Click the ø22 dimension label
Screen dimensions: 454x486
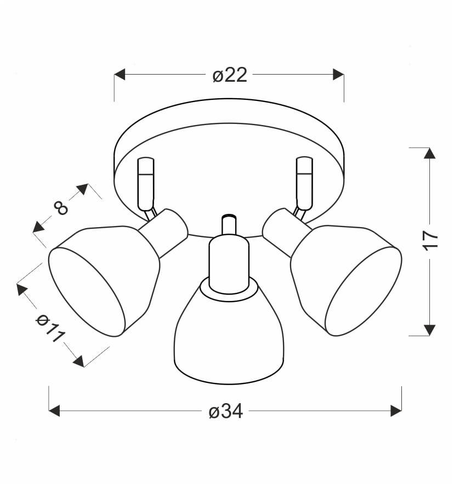(x=230, y=75)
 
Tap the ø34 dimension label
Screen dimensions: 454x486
(x=225, y=411)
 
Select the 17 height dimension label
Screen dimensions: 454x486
(x=430, y=240)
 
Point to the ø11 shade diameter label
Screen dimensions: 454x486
(x=50, y=328)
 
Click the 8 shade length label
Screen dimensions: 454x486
(x=61, y=208)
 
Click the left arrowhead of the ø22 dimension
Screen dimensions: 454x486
(x=120, y=75)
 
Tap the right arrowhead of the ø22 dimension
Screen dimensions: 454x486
(x=338, y=75)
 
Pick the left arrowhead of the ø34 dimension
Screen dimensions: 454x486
(x=54, y=411)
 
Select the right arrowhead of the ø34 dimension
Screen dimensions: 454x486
(x=396, y=411)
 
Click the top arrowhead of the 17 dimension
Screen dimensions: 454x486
(x=429, y=153)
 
